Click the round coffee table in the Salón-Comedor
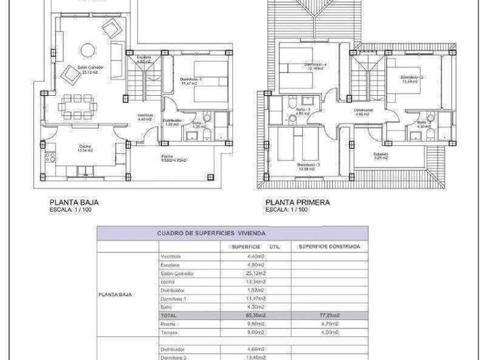coord(86,48)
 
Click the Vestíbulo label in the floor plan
coord(145,117)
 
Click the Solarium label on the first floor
coord(381,154)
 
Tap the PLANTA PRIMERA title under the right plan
coord(298,202)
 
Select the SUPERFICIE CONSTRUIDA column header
coord(329,246)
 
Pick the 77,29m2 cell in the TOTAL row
coord(329,316)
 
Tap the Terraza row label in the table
coord(170,332)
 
